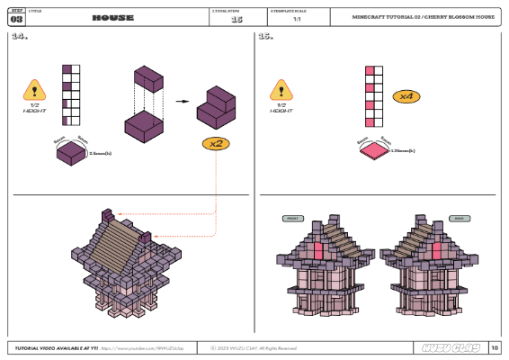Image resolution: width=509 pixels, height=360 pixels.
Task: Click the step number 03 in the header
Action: point(17,20)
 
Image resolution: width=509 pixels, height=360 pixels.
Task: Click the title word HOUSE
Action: point(112,18)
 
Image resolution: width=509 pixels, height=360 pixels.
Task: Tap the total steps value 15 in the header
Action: point(237,20)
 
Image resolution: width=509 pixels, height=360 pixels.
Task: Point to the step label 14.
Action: point(20,39)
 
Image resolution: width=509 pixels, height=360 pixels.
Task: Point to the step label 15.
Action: point(266,39)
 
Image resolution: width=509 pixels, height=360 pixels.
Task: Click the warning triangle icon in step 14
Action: point(34,89)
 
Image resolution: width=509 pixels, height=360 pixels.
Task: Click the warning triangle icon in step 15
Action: point(281,89)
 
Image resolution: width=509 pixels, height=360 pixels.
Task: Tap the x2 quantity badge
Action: point(216,143)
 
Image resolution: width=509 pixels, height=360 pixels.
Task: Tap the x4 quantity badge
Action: point(405,95)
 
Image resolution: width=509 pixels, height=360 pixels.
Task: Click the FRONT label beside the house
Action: point(291,219)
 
